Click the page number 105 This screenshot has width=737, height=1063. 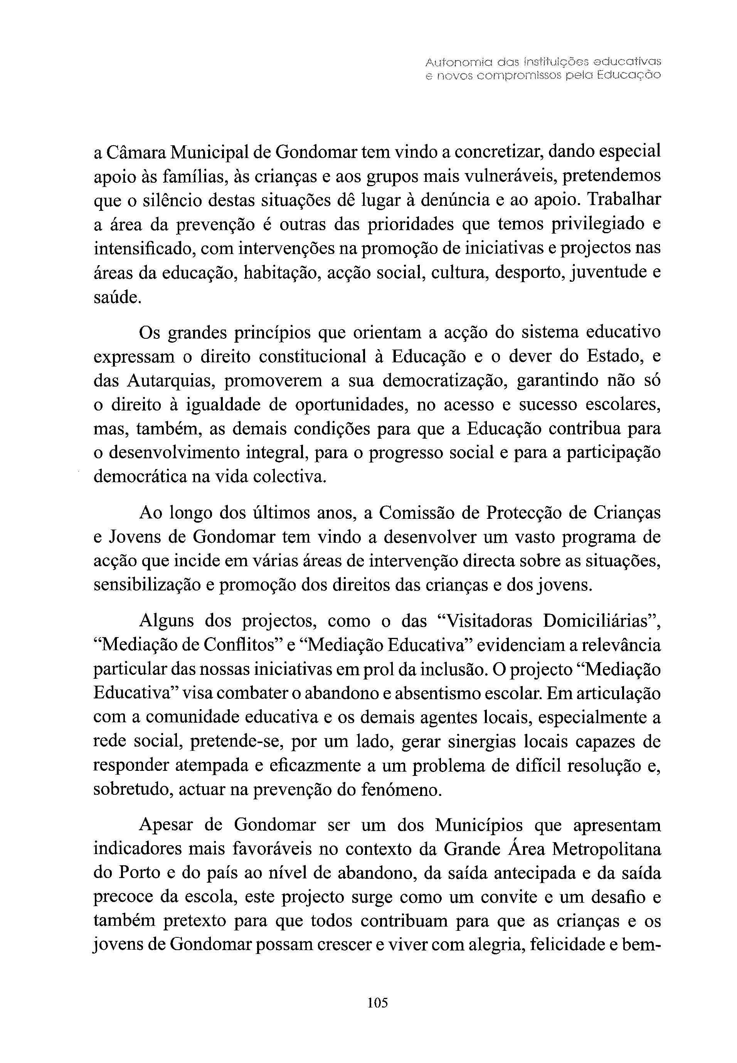(x=378, y=1002)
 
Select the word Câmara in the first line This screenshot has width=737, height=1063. (x=137, y=152)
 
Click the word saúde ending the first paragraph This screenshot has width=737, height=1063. (x=116, y=298)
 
